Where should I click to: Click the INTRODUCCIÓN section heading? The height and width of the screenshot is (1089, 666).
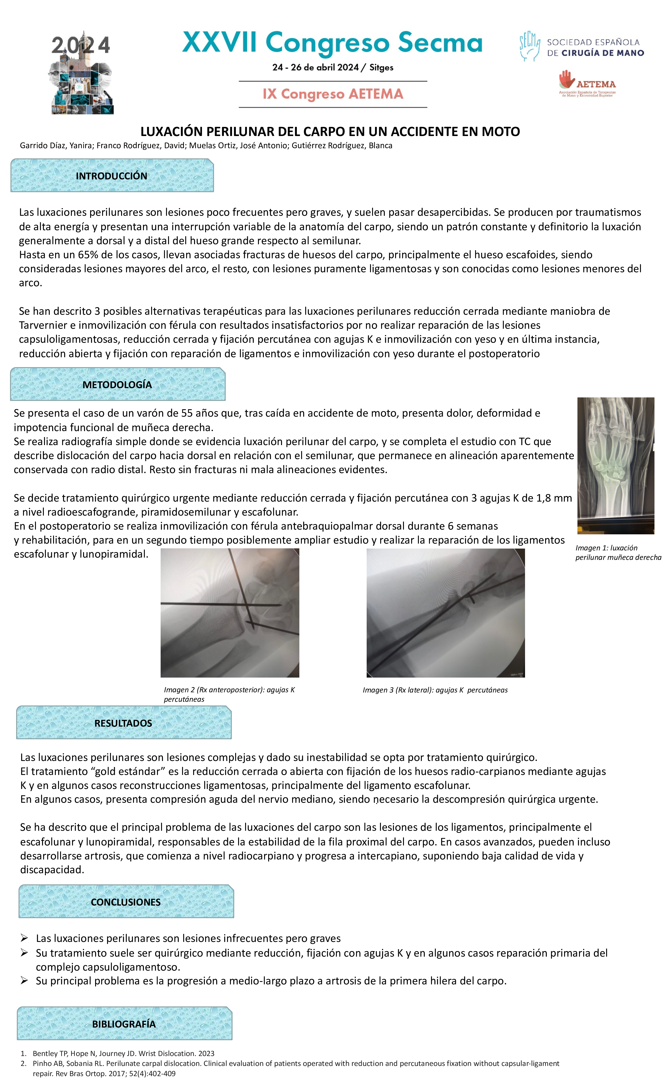tap(111, 176)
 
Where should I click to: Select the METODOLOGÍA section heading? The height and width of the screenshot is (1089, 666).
tap(117, 385)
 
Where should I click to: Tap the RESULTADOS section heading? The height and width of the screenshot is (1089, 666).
tap(123, 723)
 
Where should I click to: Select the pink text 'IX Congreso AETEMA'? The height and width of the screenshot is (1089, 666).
tap(333, 94)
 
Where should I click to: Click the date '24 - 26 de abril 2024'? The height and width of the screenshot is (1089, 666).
tap(315, 67)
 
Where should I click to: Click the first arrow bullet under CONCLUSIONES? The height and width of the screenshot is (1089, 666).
tap(25, 938)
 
